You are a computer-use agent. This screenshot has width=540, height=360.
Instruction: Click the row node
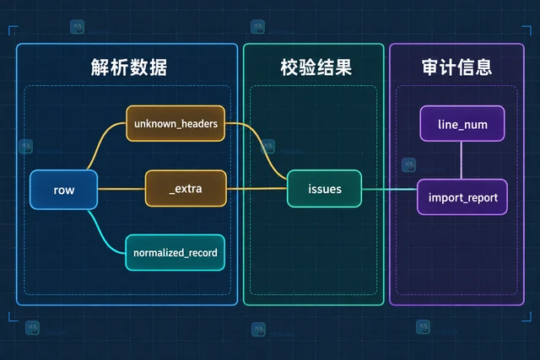tap(64, 190)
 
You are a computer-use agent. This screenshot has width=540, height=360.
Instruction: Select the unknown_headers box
tap(175, 124)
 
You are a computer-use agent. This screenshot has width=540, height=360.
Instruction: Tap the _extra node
tap(186, 189)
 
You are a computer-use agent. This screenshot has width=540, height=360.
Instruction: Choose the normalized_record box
tap(175, 253)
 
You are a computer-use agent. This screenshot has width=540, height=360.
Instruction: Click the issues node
tap(324, 189)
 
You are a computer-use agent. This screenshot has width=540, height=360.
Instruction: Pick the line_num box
tap(462, 124)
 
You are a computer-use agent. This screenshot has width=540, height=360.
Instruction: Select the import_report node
tap(462, 197)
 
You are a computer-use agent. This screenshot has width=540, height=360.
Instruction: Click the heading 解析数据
tap(129, 67)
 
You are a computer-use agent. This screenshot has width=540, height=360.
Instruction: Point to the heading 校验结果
tap(316, 67)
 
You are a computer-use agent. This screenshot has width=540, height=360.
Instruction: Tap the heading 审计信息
tap(456, 67)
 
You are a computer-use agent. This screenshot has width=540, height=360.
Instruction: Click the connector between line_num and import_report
tap(462, 160)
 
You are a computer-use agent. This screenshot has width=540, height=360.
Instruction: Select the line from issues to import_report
tap(390, 190)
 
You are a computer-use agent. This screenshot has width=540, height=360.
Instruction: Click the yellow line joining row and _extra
tap(121, 189)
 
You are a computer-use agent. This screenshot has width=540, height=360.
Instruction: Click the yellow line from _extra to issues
tap(256, 189)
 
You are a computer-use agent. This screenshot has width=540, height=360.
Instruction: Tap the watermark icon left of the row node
tap(26, 146)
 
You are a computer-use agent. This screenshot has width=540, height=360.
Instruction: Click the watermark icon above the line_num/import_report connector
tap(408, 165)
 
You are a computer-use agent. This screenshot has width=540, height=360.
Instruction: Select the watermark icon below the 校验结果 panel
tap(258, 329)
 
